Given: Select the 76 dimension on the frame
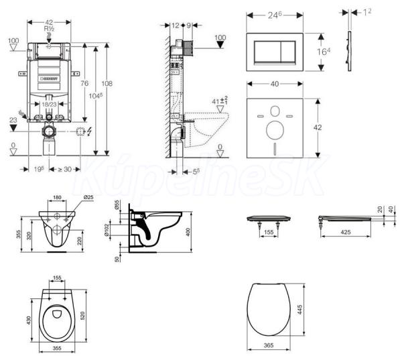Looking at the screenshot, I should [x=84, y=82].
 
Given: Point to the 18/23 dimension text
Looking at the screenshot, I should [x=48, y=105].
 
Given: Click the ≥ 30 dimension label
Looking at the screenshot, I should [x=64, y=170].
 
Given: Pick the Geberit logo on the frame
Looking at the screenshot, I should [x=49, y=78].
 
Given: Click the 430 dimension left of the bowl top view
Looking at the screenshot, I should [x=27, y=321].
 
